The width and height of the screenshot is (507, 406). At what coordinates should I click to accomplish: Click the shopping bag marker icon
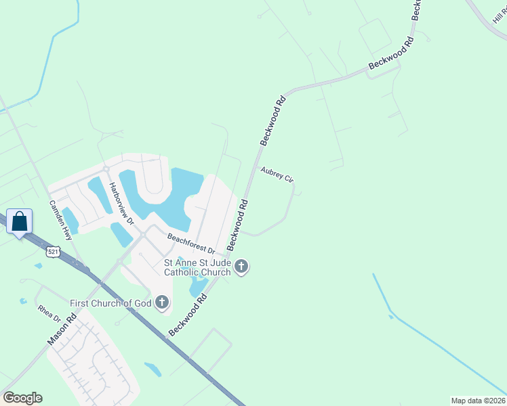click(x=19, y=221)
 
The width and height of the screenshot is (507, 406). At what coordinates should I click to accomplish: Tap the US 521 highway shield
click(x=52, y=252)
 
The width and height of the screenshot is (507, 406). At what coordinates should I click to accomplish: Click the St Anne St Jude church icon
click(x=241, y=267)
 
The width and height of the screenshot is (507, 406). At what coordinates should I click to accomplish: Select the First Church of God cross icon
click(x=162, y=302)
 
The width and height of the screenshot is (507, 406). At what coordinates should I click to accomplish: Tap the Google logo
click(x=22, y=398)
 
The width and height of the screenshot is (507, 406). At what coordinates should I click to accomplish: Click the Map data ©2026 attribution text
click(x=478, y=401)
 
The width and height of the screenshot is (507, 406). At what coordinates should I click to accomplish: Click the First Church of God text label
click(x=110, y=302)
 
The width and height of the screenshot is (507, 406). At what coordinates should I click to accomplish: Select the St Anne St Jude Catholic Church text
click(x=197, y=267)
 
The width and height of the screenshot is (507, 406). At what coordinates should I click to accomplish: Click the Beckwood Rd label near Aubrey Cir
click(x=274, y=120)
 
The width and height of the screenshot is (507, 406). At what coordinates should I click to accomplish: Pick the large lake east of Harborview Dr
click(x=169, y=196)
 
